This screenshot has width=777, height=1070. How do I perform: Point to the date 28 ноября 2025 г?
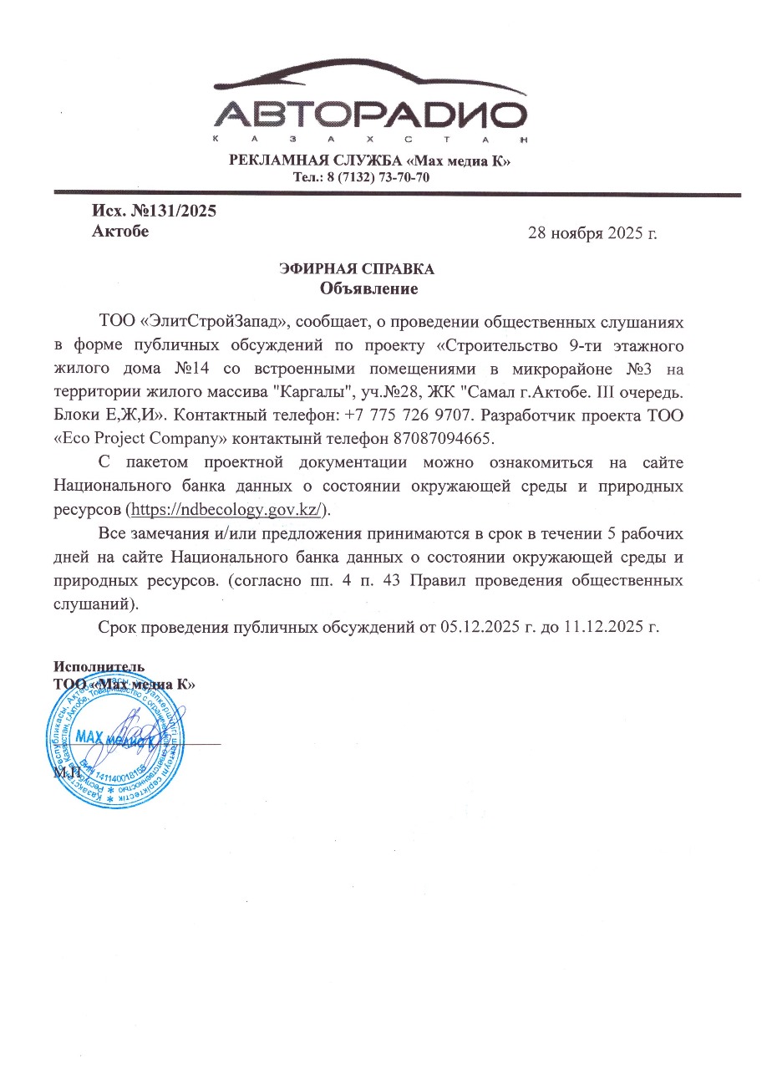click(592, 233)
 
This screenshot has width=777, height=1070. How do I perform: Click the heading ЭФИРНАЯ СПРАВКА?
click(356, 269)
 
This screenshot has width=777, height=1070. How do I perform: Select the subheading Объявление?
click(368, 289)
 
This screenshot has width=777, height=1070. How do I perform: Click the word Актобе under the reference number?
click(120, 232)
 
